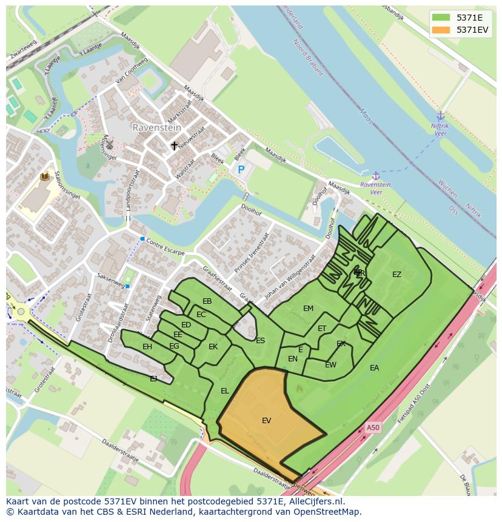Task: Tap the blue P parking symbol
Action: pos(241,170)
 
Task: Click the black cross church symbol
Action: pos(175,146)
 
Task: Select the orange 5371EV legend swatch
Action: pos(441,30)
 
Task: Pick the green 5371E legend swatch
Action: pos(441,18)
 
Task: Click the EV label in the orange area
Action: pos(267,420)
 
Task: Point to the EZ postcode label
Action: pos(397,275)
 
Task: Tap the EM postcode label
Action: pos(308,309)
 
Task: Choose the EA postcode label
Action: pos(374,367)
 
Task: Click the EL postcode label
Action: pos(225,391)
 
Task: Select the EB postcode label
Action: pos(207,301)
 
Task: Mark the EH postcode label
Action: pos(147,347)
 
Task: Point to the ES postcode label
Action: pos(260,341)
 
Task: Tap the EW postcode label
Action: pos(330,365)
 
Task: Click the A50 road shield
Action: pos(373,427)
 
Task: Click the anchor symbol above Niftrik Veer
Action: pos(441,116)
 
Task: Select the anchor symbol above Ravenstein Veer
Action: pos(376,175)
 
